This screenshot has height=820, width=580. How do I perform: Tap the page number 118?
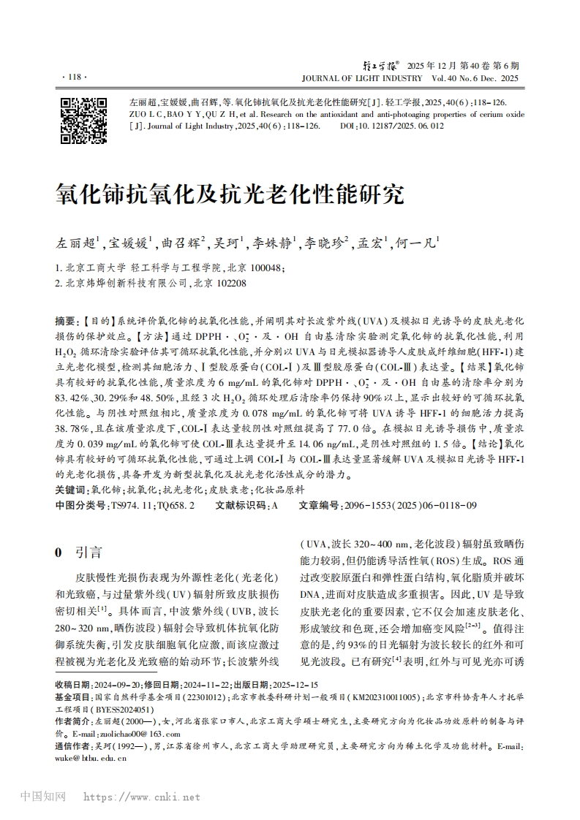tap(75, 76)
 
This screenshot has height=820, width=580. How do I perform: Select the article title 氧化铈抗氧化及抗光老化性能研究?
tap(229, 195)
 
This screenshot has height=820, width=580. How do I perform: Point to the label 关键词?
tap(72, 489)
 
